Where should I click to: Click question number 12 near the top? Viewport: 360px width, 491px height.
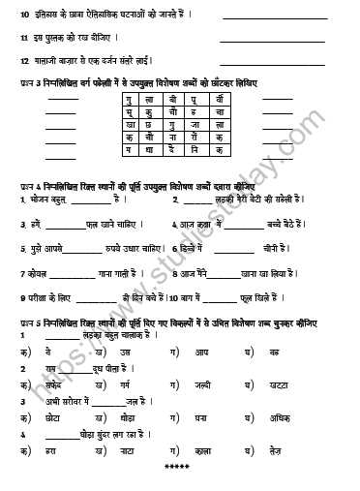click(23, 59)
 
